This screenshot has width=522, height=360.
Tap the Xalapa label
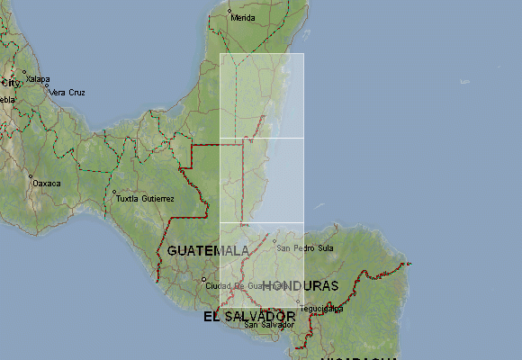pyautogui.click(x=38, y=79)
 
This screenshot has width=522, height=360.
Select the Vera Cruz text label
pyautogui.click(x=67, y=92)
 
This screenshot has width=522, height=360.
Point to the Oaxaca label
pyautogui.click(x=47, y=183)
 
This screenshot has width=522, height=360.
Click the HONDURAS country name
pyautogui.click(x=301, y=285)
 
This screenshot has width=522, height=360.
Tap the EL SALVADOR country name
pyautogui.click(x=249, y=317)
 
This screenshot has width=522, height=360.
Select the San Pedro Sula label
pyautogui.click(x=305, y=247)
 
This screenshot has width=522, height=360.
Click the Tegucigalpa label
pyautogui.click(x=322, y=308)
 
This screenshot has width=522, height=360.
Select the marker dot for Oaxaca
pyautogui.click(x=31, y=177)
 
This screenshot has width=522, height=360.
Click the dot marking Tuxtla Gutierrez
pyautogui.click(x=114, y=193)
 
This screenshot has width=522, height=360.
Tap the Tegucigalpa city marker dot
pyautogui.click(x=299, y=303)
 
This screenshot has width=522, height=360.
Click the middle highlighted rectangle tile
pyautogui.click(x=262, y=180)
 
